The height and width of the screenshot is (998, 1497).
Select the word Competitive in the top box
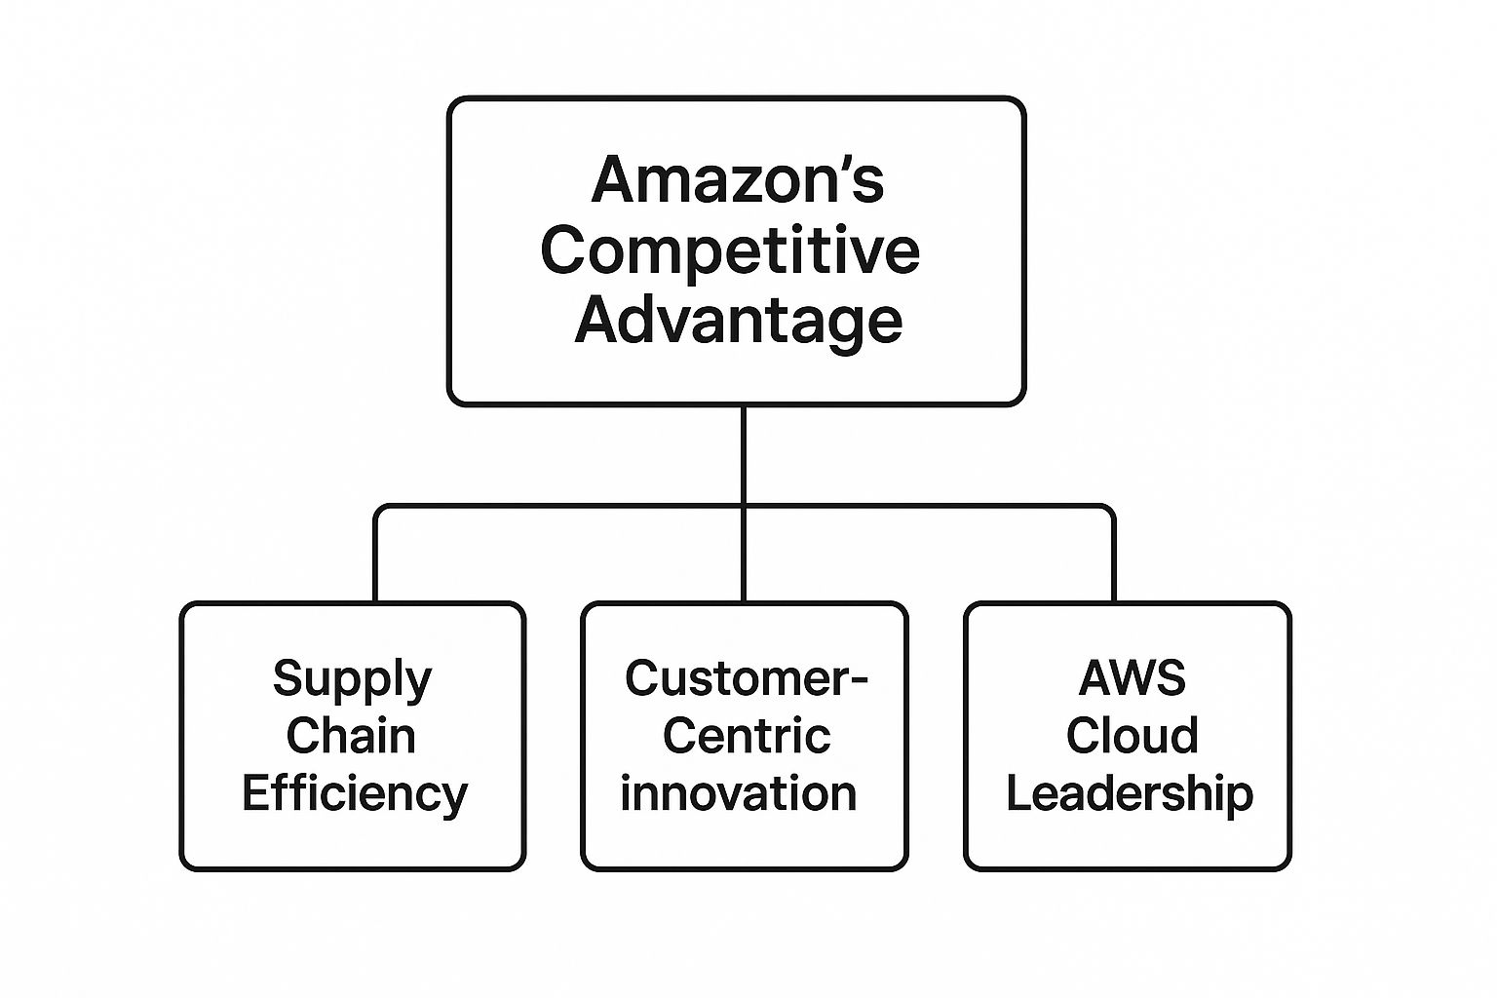tap(730, 250)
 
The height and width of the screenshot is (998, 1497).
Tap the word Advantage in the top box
tap(738, 320)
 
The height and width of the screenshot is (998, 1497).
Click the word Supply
tap(352, 679)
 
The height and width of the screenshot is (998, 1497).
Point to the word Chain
tap(351, 736)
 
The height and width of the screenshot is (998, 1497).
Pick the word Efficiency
tap(355, 793)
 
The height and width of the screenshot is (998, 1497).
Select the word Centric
tap(747, 736)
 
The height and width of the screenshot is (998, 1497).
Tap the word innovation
tap(739, 793)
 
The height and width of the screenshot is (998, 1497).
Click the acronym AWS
tap(1132, 678)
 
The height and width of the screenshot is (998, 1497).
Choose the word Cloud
tap(1132, 736)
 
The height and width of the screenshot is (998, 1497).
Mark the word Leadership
tap(1130, 793)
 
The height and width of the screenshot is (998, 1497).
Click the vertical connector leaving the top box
tap(743, 454)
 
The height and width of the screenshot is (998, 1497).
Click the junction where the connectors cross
tap(743, 507)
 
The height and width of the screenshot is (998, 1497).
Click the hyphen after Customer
tap(859, 680)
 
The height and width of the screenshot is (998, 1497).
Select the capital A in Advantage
tap(595, 320)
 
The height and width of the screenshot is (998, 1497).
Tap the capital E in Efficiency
tap(255, 793)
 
